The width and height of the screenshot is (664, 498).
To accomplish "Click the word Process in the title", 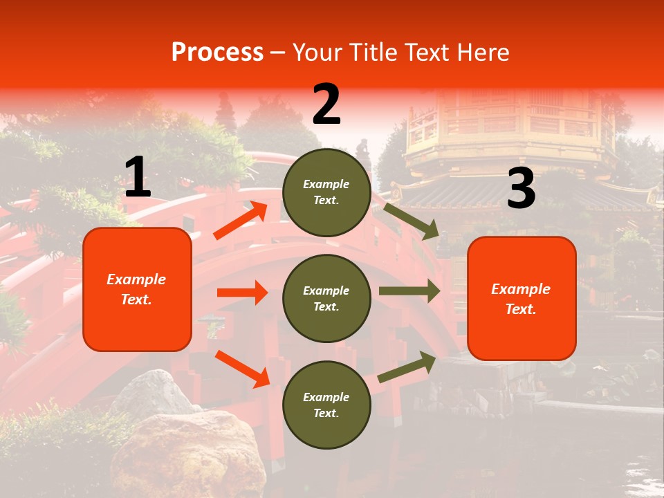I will (217, 52).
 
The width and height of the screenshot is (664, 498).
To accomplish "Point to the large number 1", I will (138, 178).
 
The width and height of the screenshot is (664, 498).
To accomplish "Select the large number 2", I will (326, 105).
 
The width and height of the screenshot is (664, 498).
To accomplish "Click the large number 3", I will (521, 190).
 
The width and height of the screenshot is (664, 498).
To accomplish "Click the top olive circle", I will (326, 192).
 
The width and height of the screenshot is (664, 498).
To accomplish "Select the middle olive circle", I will (326, 298).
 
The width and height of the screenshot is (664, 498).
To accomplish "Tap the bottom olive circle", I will (326, 405).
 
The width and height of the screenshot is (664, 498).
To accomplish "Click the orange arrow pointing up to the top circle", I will (240, 220).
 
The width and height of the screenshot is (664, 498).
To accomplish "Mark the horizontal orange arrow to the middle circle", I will (242, 293).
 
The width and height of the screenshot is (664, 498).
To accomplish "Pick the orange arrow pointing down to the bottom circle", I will (242, 368).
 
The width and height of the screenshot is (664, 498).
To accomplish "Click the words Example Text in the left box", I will (136, 289).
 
